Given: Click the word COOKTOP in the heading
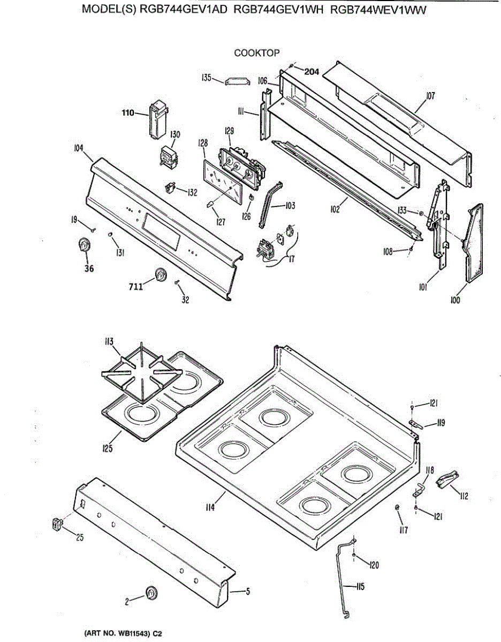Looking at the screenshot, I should pyautogui.click(x=257, y=52).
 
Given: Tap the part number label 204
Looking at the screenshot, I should pyautogui.click(x=312, y=72).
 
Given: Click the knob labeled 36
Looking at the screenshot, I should pyautogui.click(x=84, y=245).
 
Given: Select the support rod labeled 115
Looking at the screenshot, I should pyautogui.click(x=341, y=578).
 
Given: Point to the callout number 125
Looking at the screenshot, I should pyautogui.click(x=108, y=448).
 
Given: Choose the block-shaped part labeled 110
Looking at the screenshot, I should pyautogui.click(x=157, y=121).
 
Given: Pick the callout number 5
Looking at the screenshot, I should pyautogui.click(x=248, y=591).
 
